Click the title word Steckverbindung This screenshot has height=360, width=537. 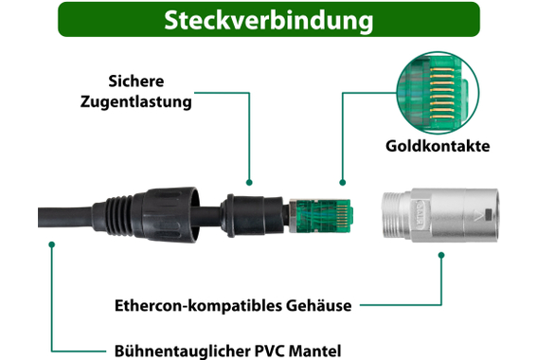click(x=267, y=20)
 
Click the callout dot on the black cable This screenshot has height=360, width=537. click(x=52, y=244)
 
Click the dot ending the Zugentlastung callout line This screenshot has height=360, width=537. click(x=250, y=181)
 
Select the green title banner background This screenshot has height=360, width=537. click(x=95, y=20)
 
